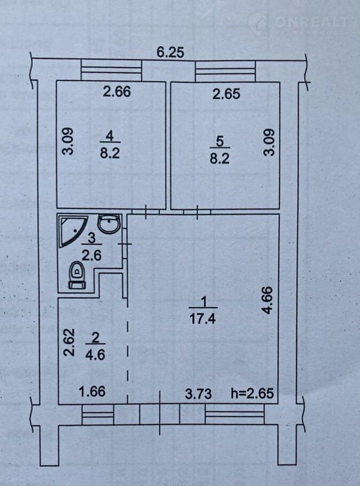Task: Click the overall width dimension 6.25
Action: pyautogui.click(x=170, y=52)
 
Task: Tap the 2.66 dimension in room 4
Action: pyautogui.click(x=117, y=91)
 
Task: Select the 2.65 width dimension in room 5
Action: pyautogui.click(x=226, y=93)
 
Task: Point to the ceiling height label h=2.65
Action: pyautogui.click(x=253, y=393)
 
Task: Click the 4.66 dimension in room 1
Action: pyautogui.click(x=268, y=300)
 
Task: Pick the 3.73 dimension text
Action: pyautogui.click(x=199, y=394)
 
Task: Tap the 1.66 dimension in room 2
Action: pyautogui.click(x=92, y=391)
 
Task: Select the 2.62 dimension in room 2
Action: pyautogui.click(x=69, y=342)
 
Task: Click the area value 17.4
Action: pyautogui.click(x=202, y=319)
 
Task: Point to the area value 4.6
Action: pyautogui.click(x=96, y=354)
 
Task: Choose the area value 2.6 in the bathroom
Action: pyautogui.click(x=91, y=255)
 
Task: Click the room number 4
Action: pyautogui.click(x=110, y=136)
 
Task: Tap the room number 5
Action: pyautogui.click(x=220, y=142)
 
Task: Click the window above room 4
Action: pyautogui.click(x=111, y=70)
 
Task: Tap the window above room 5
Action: pyautogui.click(x=226, y=72)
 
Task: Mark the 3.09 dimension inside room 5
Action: pyautogui.click(x=269, y=142)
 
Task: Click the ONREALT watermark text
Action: pyautogui.click(x=311, y=21)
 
